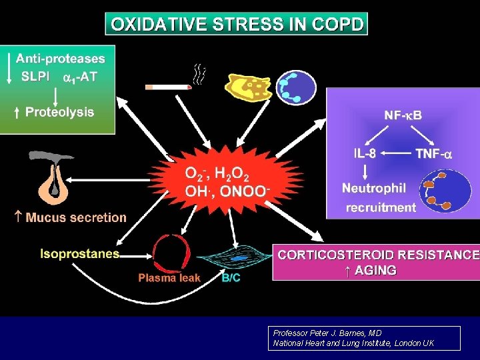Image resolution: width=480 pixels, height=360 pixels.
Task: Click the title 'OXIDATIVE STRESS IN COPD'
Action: (x=237, y=25)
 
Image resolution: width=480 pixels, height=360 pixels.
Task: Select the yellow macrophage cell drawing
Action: (x=249, y=88)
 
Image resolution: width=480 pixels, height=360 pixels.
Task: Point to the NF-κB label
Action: (x=403, y=115)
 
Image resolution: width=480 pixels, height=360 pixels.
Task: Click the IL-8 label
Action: (x=364, y=153)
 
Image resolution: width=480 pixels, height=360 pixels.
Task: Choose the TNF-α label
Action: (x=433, y=153)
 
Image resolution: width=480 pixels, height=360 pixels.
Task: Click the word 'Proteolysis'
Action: (x=59, y=112)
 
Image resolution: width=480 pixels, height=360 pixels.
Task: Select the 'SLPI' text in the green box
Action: (x=35, y=76)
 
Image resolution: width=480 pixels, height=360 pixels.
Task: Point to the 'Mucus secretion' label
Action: (x=75, y=217)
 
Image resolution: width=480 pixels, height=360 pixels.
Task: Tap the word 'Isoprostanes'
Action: (x=80, y=253)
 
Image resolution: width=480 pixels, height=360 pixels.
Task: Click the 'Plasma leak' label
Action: (x=169, y=278)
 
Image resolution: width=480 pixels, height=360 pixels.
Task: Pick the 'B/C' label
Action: (x=231, y=278)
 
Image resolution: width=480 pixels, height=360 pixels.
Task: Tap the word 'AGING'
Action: (x=376, y=270)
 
